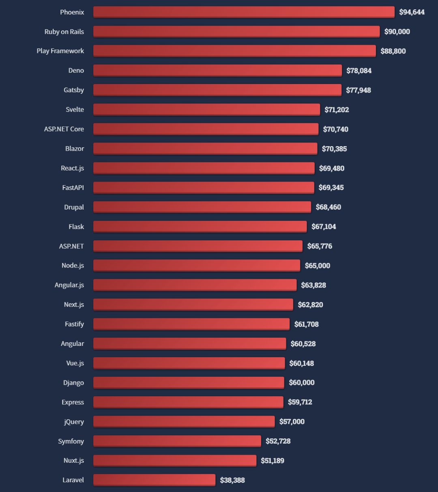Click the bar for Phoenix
(243, 12)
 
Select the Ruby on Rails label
(64, 32)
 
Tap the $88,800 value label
(393, 51)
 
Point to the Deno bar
(217, 70)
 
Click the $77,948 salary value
(359, 90)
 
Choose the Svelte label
(75, 110)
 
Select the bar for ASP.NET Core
(206, 129)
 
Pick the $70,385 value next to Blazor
(334, 149)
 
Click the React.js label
(72, 168)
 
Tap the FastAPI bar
(204, 188)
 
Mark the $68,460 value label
(328, 207)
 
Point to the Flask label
(76, 227)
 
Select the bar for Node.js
(197, 265)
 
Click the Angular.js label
(69, 285)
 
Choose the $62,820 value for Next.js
(310, 304)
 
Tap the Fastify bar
(191, 324)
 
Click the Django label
(73, 383)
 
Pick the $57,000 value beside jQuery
(292, 421)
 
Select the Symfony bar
(177, 441)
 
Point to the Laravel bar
(154, 480)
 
